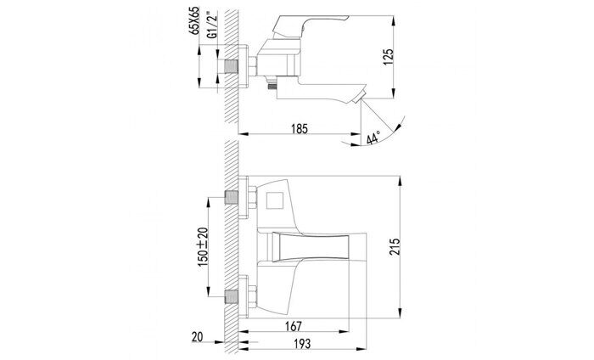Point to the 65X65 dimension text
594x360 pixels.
pos(195,22)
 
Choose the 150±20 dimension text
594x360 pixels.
pos(202,246)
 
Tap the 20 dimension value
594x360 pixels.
pos(196,337)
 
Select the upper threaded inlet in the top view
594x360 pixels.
pos(231,200)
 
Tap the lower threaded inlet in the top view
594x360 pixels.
pos(231,297)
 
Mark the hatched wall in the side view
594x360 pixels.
pos(230,110)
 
